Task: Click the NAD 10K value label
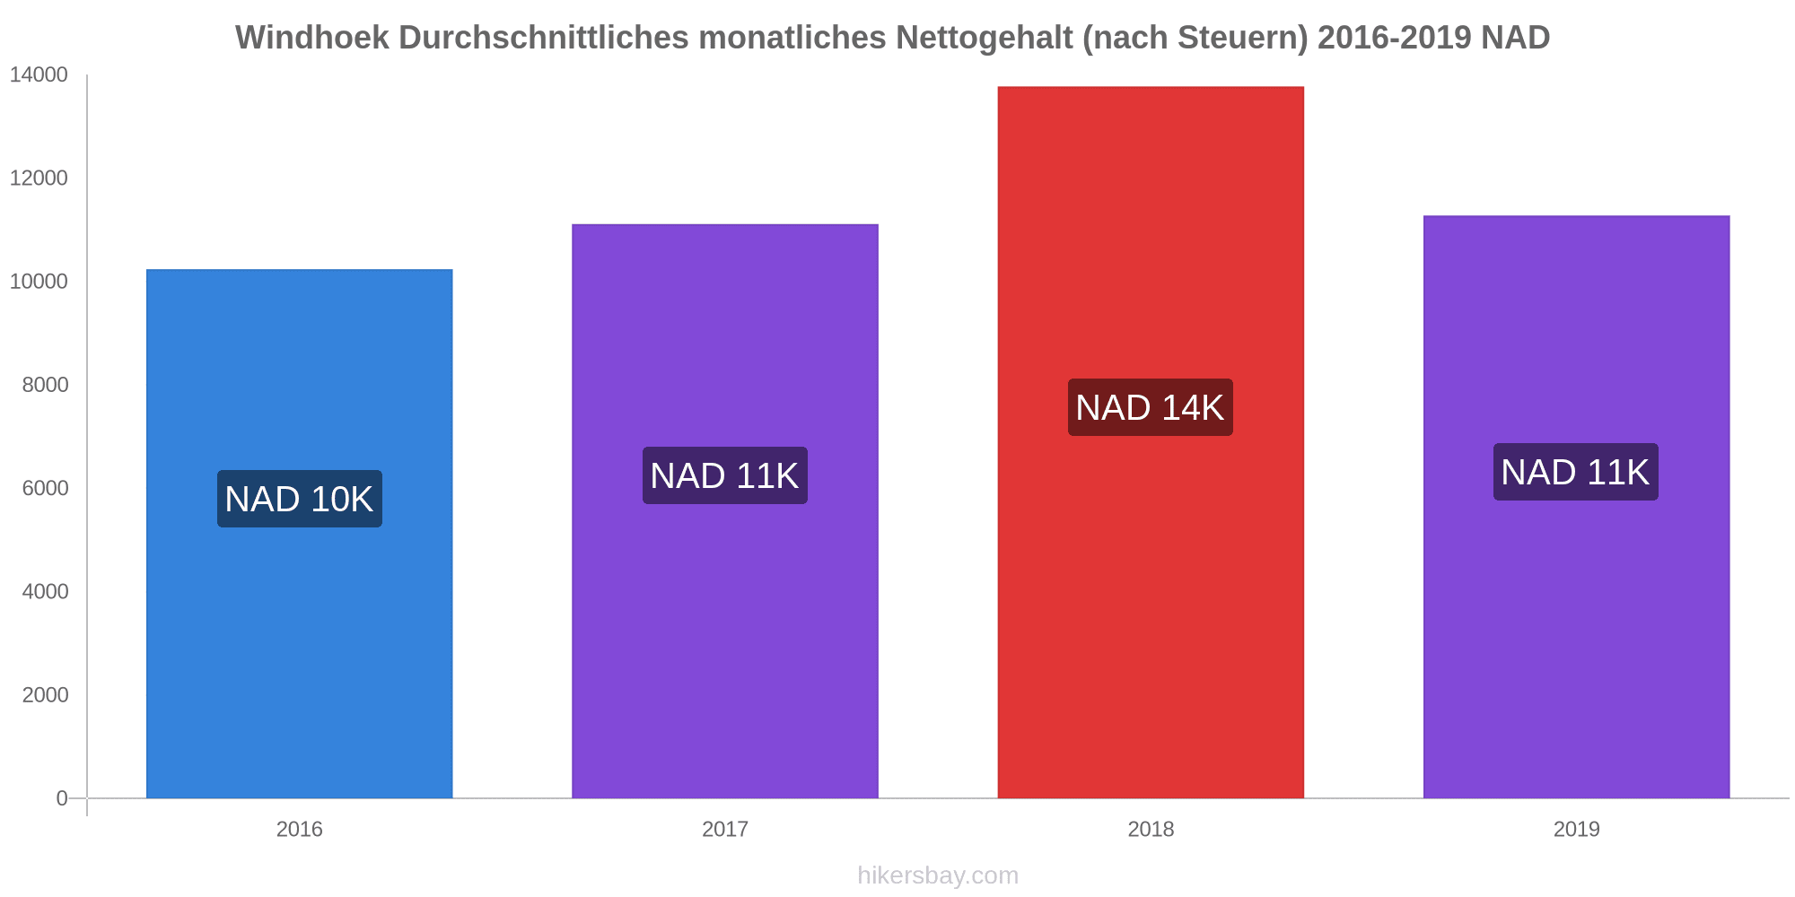point(299,499)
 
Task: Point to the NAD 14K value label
point(1150,407)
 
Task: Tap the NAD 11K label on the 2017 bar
point(724,475)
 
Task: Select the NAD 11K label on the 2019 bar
point(1575,472)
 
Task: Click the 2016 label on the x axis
point(299,829)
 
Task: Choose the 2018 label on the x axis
point(1151,829)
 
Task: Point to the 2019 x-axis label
point(1576,829)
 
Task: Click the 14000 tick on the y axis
point(39,75)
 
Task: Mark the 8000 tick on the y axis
point(45,385)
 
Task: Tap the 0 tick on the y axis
point(62,798)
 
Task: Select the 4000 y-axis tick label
point(45,592)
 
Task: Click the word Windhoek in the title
point(312,38)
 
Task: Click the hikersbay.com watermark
point(938,875)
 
